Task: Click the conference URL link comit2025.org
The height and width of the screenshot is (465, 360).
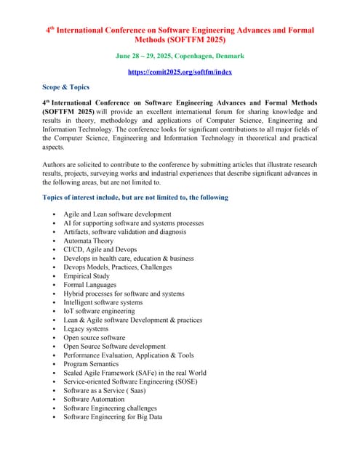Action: click(x=180, y=72)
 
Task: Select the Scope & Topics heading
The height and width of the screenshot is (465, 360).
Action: click(x=66, y=87)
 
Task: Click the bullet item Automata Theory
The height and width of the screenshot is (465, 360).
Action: click(x=89, y=240)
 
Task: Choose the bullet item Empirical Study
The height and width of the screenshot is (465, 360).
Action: click(x=87, y=276)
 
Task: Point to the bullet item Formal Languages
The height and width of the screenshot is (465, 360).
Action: click(x=90, y=285)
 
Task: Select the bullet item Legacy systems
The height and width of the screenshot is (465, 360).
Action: click(x=86, y=329)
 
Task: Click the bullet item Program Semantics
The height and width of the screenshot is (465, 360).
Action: click(x=92, y=364)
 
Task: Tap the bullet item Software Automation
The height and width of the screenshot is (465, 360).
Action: click(x=94, y=400)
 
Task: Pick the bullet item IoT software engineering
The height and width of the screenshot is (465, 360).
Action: click(x=99, y=311)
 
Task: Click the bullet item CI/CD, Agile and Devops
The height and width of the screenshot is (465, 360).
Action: click(x=100, y=249)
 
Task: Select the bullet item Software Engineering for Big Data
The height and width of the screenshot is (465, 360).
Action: click(x=113, y=417)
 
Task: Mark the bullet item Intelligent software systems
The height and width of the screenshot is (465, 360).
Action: click(x=103, y=302)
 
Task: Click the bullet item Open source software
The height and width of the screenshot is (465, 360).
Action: click(x=95, y=338)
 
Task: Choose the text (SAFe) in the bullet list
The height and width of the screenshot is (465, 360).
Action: click(x=145, y=373)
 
